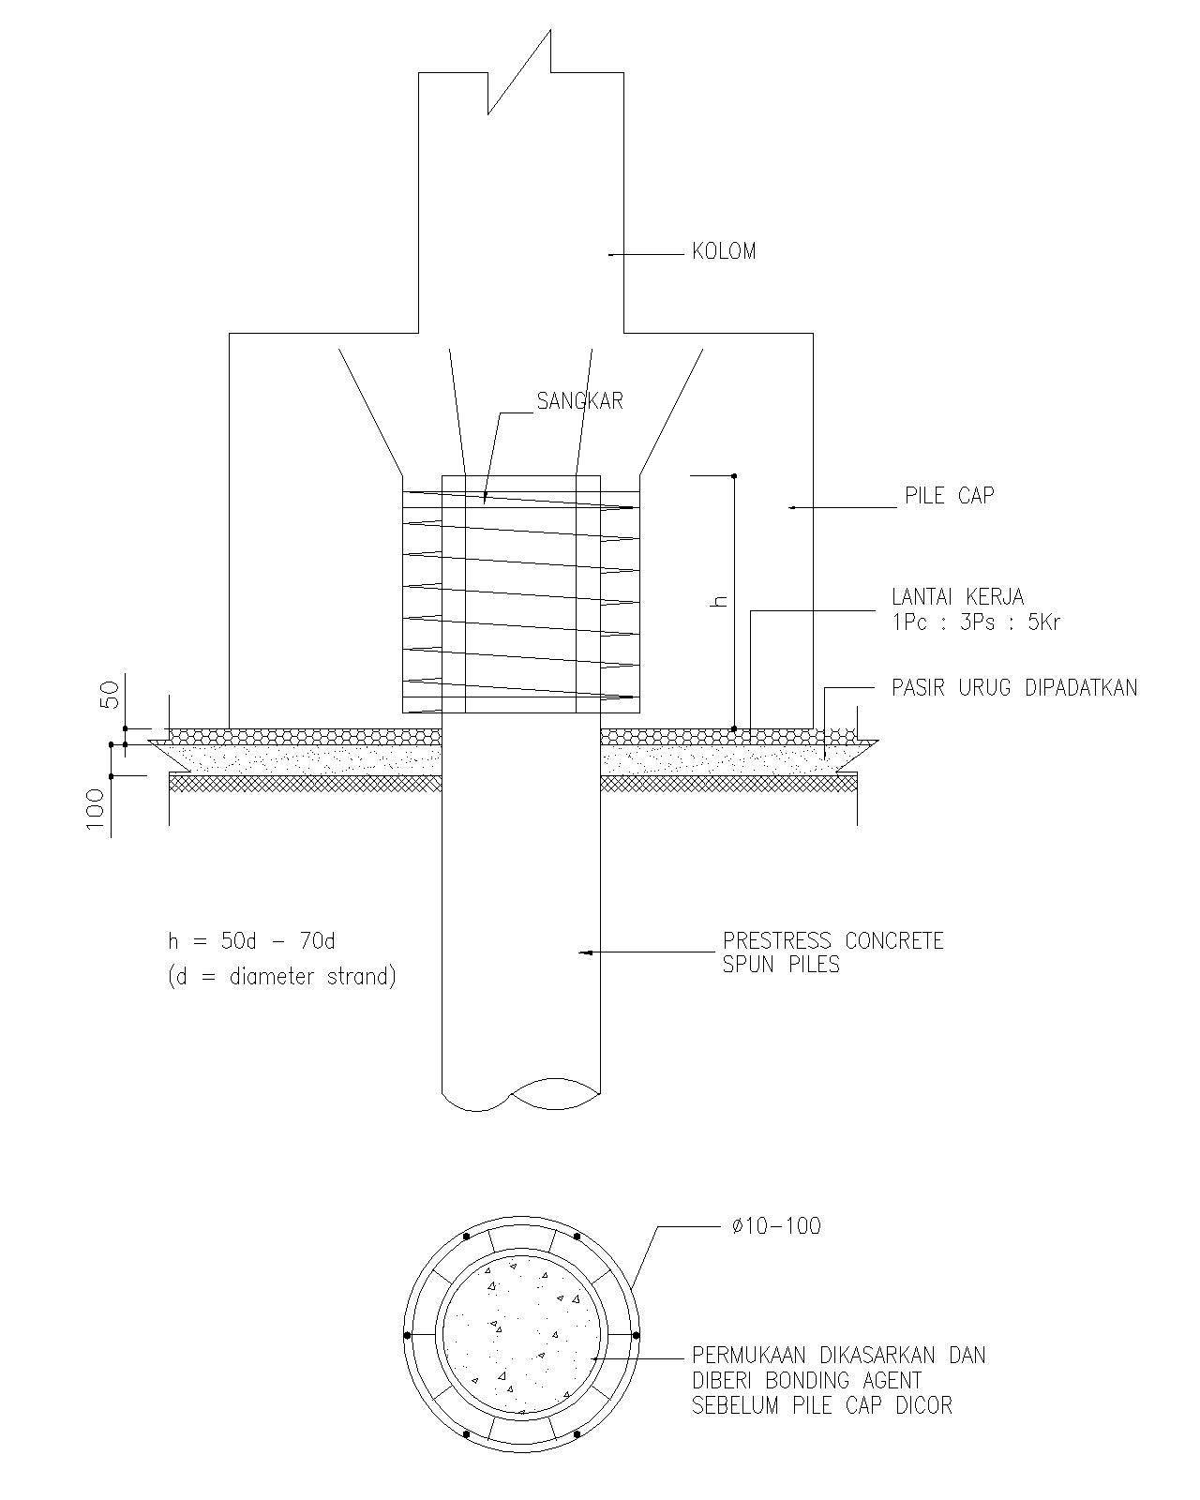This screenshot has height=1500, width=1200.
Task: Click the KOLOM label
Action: [723, 251]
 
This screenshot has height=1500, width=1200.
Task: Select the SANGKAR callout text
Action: [579, 401]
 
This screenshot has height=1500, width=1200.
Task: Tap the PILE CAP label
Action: [949, 495]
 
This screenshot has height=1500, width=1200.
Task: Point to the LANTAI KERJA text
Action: [957, 596]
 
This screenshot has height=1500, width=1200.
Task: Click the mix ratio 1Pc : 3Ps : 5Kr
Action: [976, 622]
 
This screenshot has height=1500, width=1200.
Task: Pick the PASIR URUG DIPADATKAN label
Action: [1013, 687]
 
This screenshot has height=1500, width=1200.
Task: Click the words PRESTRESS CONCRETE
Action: [832, 940]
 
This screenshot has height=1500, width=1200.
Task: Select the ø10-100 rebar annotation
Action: [775, 1226]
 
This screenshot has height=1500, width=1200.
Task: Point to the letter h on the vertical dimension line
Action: [720, 600]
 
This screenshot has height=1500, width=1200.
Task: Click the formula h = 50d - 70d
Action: [251, 940]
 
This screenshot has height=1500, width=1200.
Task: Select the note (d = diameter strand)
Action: [281, 977]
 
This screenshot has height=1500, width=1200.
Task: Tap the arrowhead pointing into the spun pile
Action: [585, 952]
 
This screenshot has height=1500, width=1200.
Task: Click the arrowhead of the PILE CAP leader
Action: [792, 507]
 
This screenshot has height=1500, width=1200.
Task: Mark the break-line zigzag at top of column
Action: [518, 73]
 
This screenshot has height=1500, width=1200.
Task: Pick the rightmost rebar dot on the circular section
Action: [636, 1335]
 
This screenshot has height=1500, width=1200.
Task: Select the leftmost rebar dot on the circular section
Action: [407, 1335]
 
